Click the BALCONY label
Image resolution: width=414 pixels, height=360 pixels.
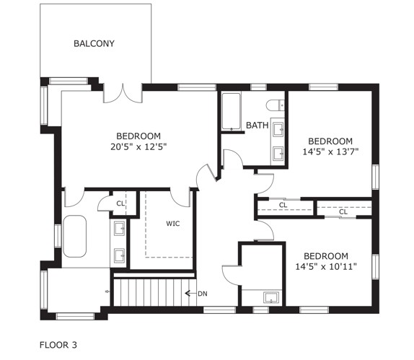94,43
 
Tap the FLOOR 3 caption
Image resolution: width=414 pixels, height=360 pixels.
58,345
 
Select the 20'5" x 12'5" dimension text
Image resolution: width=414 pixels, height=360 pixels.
138,147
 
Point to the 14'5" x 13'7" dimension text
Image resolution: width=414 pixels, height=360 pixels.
330,152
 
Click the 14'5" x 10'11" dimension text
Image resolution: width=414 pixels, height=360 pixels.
326,267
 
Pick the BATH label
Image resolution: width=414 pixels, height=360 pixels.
257,126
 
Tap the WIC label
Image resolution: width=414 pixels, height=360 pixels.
173,224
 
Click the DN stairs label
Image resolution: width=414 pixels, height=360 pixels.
203,294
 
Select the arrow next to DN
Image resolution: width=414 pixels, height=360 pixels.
190,293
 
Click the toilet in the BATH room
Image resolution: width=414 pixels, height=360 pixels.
275,105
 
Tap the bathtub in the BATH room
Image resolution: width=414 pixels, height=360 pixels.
231,111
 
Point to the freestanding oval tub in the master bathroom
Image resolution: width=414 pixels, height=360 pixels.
75,236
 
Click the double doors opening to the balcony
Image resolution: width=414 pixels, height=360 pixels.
123,93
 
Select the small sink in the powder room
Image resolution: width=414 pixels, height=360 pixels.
271,297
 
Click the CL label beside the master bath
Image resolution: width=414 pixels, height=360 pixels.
120,203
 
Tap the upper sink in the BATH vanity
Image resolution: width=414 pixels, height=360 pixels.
278,129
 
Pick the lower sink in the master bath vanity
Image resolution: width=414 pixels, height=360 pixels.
119,255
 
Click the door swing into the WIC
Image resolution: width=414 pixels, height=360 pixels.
180,198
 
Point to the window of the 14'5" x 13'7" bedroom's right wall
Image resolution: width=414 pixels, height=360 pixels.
375,177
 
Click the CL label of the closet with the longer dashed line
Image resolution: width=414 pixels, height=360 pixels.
283,205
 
